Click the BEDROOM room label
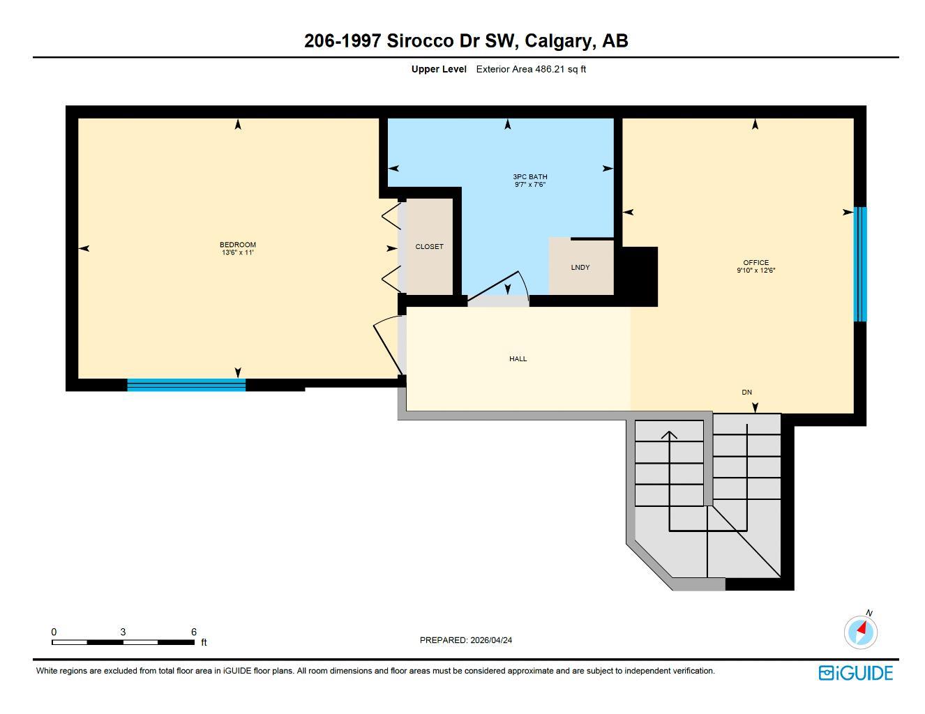point(237,245)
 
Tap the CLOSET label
point(429,247)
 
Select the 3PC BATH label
point(529,177)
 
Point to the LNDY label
point(580,268)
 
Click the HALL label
point(518,359)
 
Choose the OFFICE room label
point(755,263)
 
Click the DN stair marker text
point(746,393)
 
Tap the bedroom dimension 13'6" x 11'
point(237,252)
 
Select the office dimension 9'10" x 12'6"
point(755,271)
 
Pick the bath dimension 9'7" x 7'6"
point(529,185)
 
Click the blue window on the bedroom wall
point(186,385)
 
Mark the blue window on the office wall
point(860,264)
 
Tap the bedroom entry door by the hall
point(387,345)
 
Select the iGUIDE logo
point(855,673)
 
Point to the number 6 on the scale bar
point(194,632)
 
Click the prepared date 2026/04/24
point(491,640)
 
